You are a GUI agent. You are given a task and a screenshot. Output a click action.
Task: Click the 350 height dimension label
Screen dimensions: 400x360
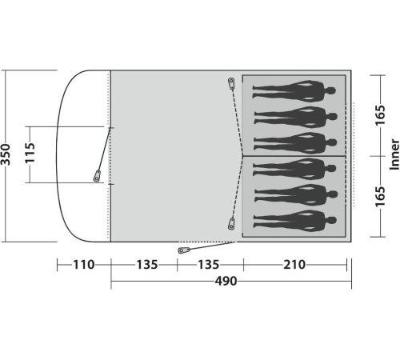point(6,154)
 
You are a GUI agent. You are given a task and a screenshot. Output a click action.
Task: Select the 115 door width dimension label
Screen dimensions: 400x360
point(30,153)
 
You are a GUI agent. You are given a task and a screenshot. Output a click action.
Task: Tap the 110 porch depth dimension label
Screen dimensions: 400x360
point(84,265)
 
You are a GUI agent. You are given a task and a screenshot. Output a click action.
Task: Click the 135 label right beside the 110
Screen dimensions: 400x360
point(147,265)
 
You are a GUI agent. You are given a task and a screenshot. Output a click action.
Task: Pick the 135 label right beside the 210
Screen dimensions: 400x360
point(208,265)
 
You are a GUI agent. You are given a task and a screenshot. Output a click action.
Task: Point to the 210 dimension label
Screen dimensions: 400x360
point(294,265)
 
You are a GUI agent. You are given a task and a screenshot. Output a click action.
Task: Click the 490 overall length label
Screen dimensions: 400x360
point(226,281)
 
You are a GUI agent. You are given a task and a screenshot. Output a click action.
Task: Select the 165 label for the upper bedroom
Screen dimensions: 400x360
point(380,115)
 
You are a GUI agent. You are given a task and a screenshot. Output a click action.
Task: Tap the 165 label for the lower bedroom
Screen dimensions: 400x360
point(380,197)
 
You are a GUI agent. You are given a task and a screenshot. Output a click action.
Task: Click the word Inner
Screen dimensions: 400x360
point(394,154)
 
